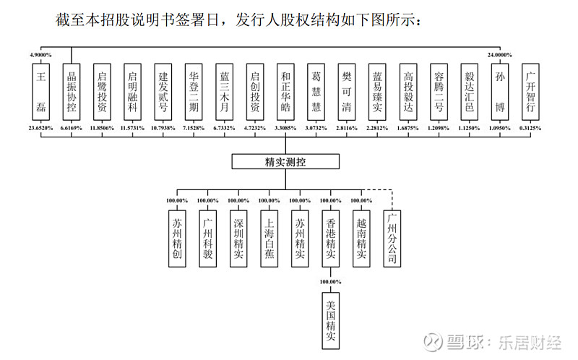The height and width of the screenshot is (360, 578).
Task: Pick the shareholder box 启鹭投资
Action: (x=102, y=92)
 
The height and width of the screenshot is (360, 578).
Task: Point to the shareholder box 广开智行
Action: (x=530, y=92)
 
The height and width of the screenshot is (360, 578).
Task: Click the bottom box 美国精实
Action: (x=330, y=319)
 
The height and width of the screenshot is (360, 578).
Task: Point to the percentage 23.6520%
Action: (x=40, y=127)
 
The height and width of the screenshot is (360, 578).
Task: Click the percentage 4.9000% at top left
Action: (x=42, y=55)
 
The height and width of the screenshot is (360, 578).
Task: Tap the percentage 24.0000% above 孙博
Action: (x=499, y=55)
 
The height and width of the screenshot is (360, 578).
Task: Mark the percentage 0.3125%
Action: (x=531, y=127)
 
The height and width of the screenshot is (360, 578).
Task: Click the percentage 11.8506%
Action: (x=102, y=127)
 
